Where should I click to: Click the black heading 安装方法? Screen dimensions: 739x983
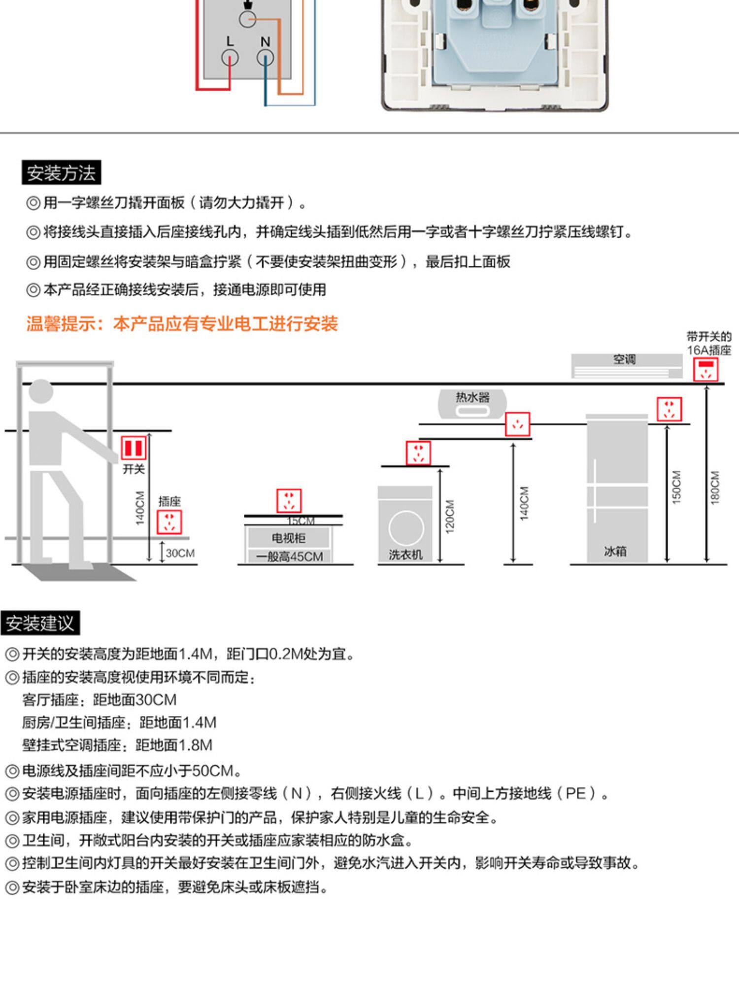(61, 173)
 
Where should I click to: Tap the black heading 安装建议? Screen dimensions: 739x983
(40, 623)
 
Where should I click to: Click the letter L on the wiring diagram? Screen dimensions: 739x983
(230, 41)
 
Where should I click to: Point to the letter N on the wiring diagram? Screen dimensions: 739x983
(265, 42)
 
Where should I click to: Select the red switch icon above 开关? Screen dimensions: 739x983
(134, 448)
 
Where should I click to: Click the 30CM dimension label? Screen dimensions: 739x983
(180, 553)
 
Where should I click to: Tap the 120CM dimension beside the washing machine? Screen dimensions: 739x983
(450, 516)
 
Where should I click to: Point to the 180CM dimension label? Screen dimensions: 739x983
(715, 487)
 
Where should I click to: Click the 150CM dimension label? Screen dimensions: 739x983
(676, 487)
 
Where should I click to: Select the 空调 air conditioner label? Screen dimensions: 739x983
(624, 359)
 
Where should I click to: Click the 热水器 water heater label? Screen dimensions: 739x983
(472, 397)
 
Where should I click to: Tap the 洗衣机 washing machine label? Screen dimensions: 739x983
(405, 555)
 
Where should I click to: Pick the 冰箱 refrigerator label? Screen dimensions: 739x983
(615, 551)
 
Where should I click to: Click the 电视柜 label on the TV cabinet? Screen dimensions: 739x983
(289, 538)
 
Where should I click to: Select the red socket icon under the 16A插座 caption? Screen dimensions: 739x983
(706, 370)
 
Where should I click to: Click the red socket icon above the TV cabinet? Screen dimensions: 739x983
(289, 501)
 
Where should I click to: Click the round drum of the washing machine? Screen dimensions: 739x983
(405, 527)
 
